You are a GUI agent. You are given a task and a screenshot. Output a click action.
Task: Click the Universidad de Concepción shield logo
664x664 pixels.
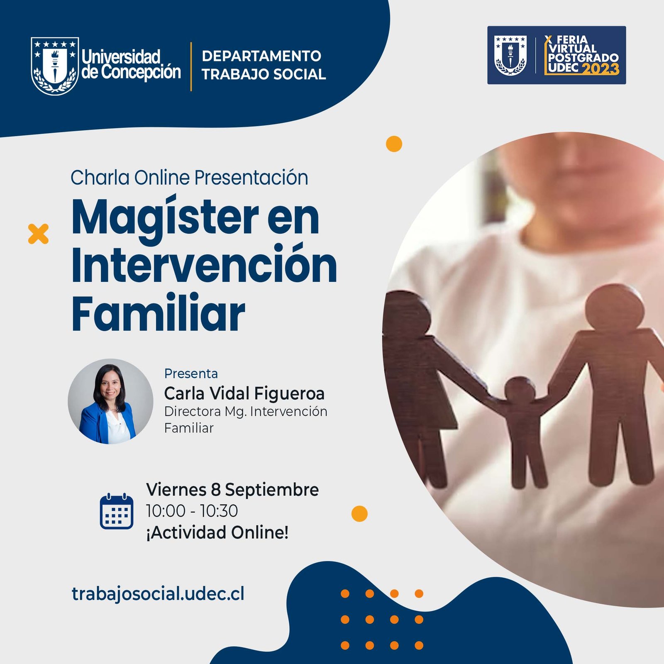(x=55, y=66)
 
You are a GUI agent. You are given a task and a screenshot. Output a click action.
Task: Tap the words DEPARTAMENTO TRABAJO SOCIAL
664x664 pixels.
(x=264, y=65)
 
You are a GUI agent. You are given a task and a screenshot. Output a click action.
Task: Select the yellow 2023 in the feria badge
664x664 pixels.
(x=601, y=68)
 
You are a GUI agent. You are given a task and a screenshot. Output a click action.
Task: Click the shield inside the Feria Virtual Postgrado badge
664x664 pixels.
(x=510, y=55)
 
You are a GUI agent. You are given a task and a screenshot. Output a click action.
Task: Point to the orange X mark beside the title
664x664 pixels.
(x=38, y=234)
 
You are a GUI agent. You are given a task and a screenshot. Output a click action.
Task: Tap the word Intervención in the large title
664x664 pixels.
(x=204, y=264)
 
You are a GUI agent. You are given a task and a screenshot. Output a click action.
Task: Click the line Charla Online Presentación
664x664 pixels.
(x=189, y=178)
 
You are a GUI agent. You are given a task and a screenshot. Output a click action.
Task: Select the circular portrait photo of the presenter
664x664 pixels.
(x=110, y=401)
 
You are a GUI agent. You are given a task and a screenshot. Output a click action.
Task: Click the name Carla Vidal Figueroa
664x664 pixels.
(x=244, y=393)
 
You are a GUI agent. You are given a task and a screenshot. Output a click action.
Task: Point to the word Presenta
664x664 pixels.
(x=191, y=373)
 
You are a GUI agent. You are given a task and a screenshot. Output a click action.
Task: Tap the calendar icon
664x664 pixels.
(x=117, y=511)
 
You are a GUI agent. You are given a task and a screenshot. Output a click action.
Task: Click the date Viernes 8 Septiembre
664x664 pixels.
(x=232, y=490)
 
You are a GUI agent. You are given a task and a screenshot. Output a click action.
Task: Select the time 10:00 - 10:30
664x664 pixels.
(x=192, y=511)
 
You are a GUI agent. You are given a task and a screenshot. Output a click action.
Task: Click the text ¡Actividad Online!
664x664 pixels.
(x=217, y=532)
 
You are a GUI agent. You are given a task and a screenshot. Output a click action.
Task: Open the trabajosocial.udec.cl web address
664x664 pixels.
(x=158, y=594)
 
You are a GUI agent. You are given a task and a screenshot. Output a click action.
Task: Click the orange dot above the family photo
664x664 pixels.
(x=394, y=144)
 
